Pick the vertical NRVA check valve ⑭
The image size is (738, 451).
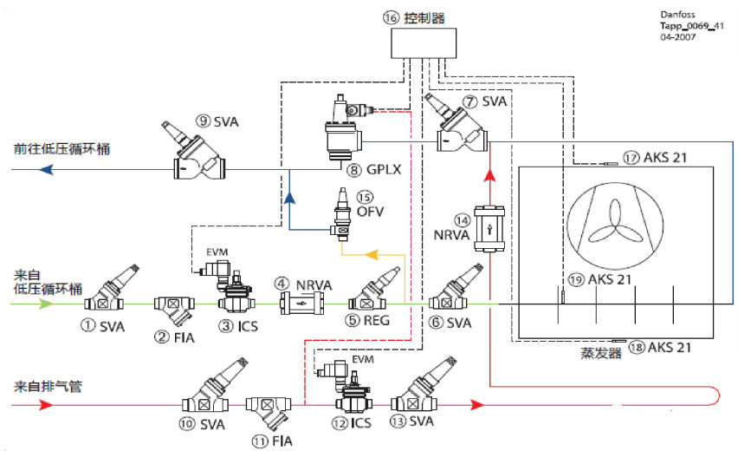[x=491, y=229]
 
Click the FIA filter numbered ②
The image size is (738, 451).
[x=174, y=305]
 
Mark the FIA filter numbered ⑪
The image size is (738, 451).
[x=268, y=407]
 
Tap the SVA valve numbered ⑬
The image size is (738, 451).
[x=419, y=395]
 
